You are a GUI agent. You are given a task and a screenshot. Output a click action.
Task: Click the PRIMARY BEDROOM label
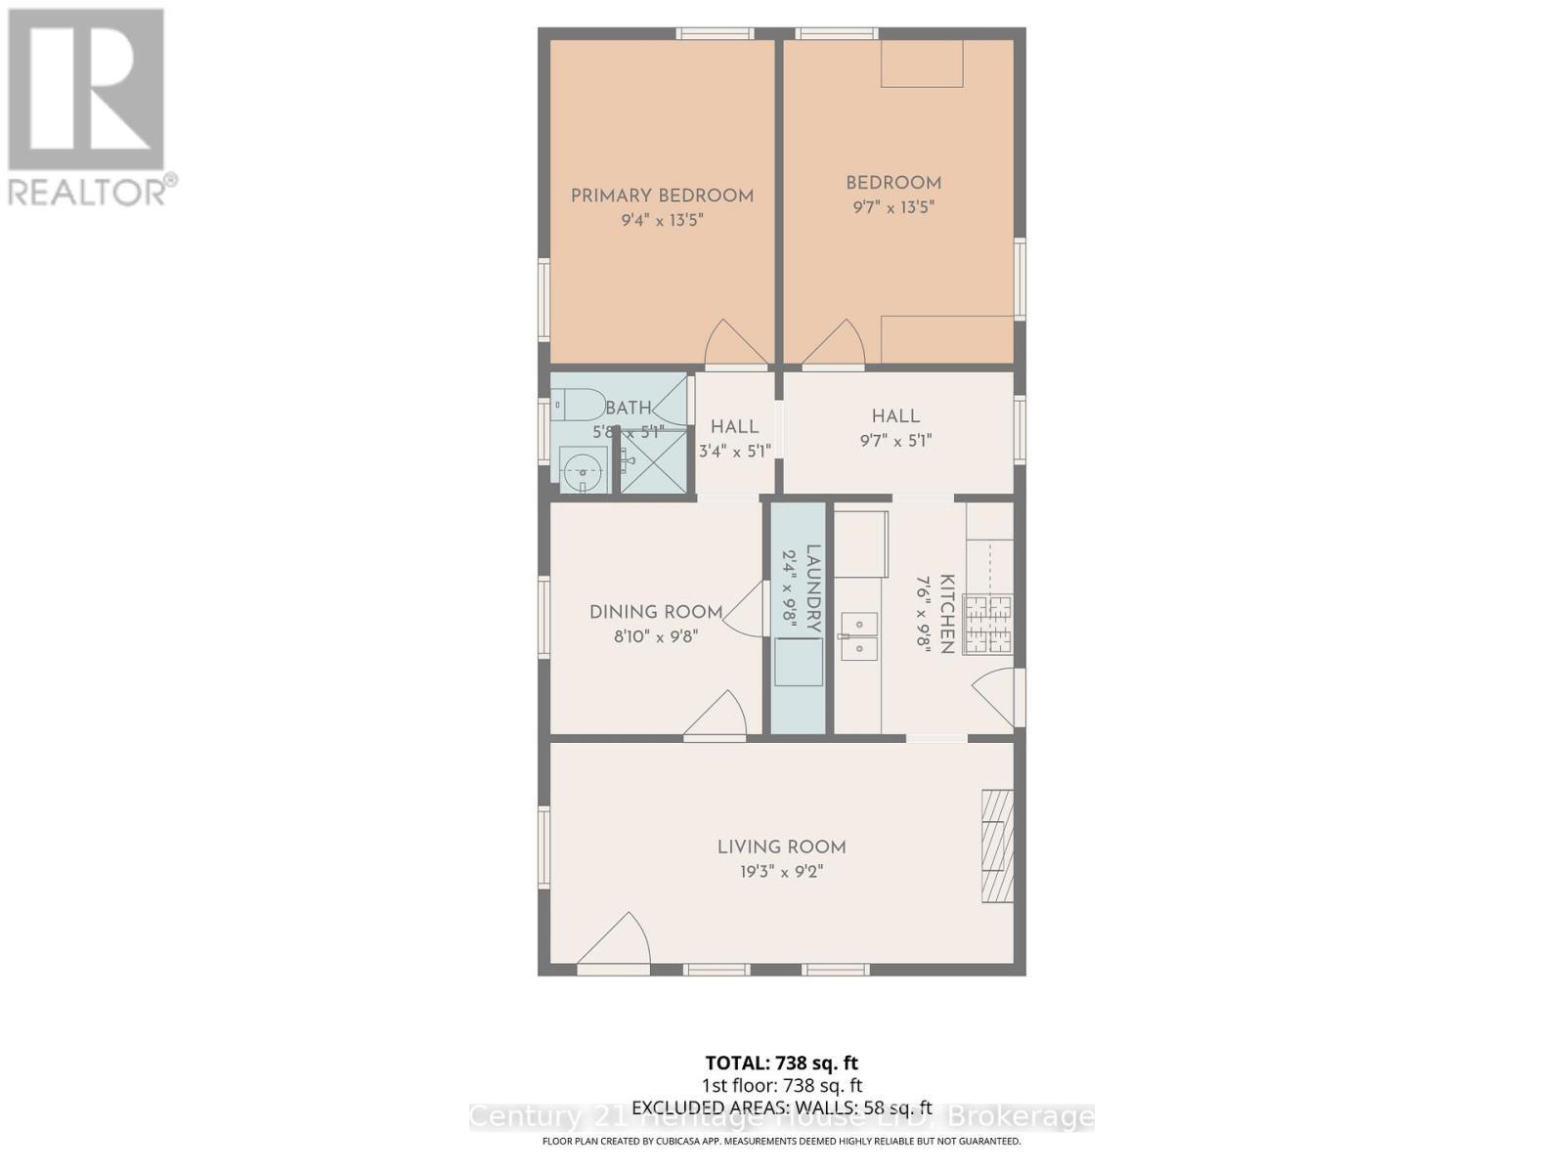pyautogui.click(x=662, y=195)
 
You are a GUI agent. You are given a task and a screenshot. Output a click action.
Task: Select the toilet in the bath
pyautogui.click(x=578, y=404)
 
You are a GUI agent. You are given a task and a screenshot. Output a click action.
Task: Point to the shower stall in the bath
pyautogui.click(x=654, y=460)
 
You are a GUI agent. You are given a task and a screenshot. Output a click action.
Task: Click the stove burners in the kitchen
pyautogui.click(x=989, y=624)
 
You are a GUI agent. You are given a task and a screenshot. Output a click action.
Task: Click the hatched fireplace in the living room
pyautogui.click(x=998, y=846)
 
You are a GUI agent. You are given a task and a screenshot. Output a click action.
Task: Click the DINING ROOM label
pyautogui.click(x=656, y=612)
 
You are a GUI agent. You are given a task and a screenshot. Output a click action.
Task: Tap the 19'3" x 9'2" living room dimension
pyautogui.click(x=782, y=872)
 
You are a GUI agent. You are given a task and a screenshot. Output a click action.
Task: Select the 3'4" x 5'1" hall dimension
pyautogui.click(x=735, y=452)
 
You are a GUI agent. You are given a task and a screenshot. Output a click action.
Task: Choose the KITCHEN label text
pyautogui.click(x=946, y=614)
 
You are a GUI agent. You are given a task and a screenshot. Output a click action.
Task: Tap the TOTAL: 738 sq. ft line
pyautogui.click(x=782, y=1063)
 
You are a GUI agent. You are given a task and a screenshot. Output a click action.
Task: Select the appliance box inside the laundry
pyautogui.click(x=798, y=662)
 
